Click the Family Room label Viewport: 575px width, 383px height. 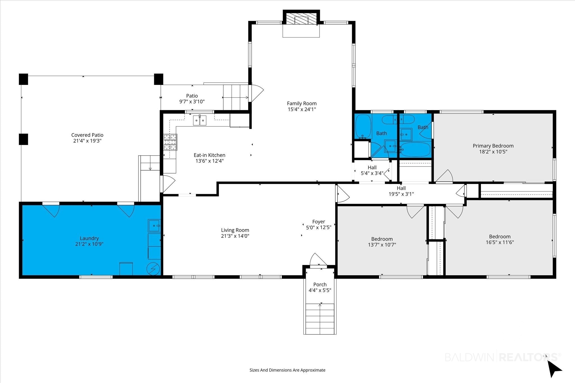point(302,103)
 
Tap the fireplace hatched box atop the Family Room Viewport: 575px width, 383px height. point(301,19)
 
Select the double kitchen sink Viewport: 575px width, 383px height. point(199,120)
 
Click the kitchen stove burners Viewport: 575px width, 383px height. point(170,143)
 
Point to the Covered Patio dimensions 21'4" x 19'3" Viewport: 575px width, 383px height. point(87,141)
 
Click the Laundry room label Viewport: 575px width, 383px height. point(89,238)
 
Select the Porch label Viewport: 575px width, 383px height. point(320,284)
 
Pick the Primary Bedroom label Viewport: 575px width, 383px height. point(493,146)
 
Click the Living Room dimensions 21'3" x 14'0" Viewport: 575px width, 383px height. point(235,236)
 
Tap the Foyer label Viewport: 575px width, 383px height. point(319,222)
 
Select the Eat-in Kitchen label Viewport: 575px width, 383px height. point(209,155)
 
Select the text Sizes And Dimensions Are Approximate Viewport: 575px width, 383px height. point(287,370)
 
